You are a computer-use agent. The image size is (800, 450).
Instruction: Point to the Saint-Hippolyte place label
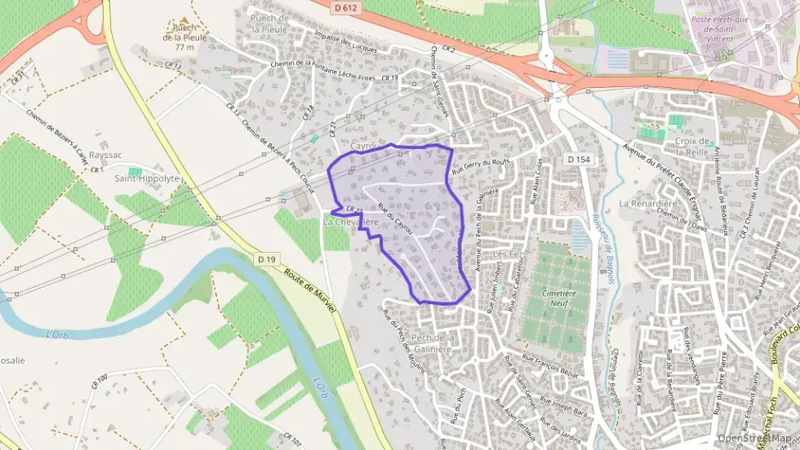pos(147,178)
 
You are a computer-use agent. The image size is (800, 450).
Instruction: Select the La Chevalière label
pos(350,221)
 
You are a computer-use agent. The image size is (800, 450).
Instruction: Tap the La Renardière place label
pos(647,204)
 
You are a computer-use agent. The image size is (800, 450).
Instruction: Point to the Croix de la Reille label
pos(692,146)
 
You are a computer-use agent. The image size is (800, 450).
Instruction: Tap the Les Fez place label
pos(509,255)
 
